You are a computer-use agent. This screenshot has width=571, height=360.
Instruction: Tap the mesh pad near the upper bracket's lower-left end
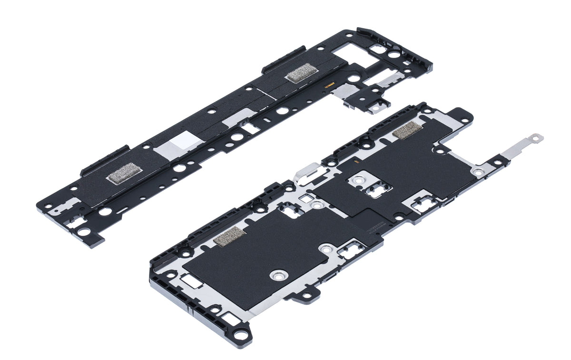pos(123,172)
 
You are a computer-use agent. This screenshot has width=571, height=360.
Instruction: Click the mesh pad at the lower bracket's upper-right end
pos(406,130)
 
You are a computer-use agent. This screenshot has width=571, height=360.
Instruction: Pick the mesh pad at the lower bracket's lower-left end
pos(229,236)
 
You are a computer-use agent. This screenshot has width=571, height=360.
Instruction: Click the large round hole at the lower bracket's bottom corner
pos(241,335)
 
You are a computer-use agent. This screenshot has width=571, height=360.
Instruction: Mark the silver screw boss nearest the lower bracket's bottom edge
pos(277,275)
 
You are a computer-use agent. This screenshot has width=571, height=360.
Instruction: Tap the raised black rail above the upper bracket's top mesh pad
pos(284,60)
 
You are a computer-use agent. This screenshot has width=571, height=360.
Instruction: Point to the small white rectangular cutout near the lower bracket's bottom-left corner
pos(191,281)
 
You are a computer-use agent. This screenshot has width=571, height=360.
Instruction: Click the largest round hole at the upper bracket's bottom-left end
pos(84,232)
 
